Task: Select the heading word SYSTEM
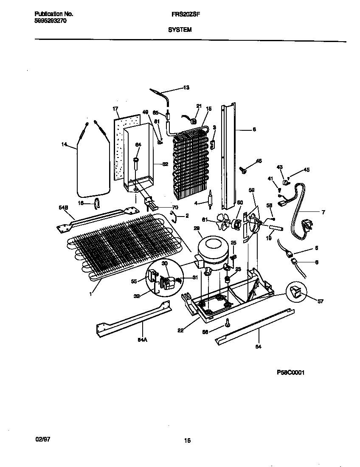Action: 180,30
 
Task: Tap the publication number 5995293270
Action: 50,20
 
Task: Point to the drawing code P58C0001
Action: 291,373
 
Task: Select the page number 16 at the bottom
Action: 187,440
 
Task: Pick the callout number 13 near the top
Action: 186,88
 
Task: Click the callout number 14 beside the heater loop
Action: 64,145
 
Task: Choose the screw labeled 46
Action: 245,170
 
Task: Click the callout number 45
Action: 306,170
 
